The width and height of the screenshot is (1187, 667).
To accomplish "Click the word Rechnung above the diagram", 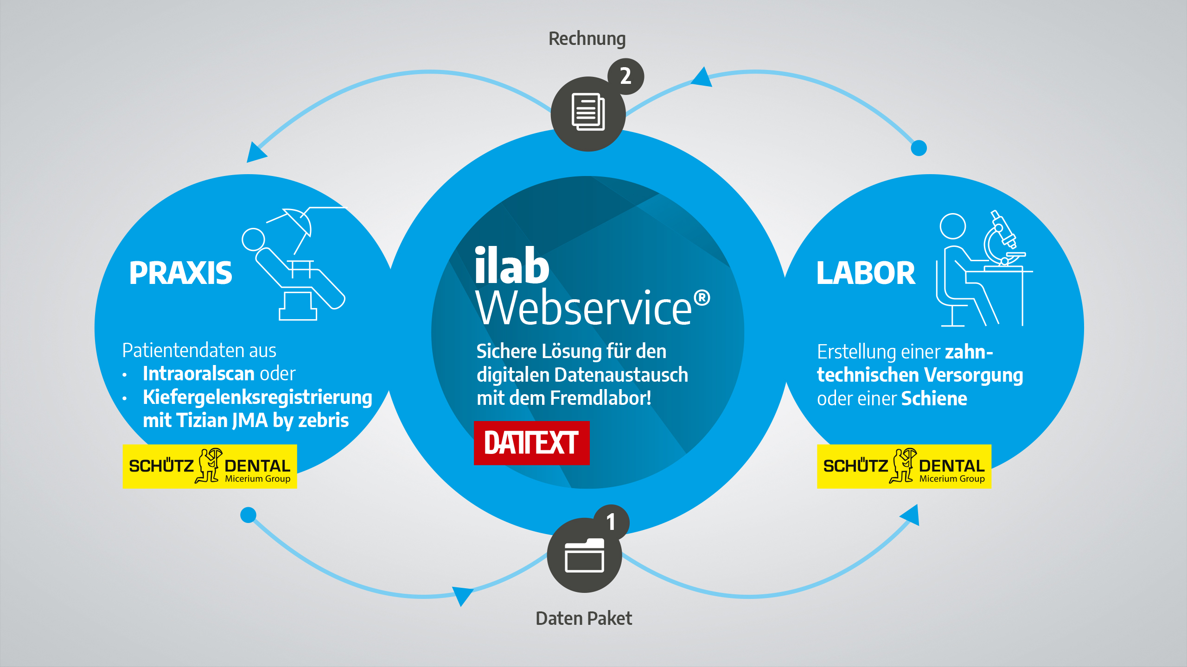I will (587, 39).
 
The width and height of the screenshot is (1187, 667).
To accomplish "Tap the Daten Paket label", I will (584, 618).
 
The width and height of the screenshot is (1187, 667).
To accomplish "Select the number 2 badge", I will (625, 76).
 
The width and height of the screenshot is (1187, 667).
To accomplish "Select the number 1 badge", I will (611, 522).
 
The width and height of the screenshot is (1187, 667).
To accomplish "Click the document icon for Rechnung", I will (588, 113).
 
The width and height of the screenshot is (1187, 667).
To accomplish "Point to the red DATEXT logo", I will (531, 443).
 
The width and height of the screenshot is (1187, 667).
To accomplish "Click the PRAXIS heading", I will (180, 273).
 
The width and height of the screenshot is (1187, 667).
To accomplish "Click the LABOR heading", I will (866, 273).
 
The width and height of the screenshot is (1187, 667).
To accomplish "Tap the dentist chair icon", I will (297, 269).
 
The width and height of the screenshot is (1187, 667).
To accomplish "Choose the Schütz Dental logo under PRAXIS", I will (210, 466).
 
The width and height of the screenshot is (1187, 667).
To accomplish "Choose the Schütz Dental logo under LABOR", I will (904, 466).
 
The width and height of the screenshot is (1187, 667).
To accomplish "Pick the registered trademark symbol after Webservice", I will (702, 298).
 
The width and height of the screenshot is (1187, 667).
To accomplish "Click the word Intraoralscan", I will (198, 373).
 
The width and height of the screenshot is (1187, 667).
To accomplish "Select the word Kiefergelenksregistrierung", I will (257, 397).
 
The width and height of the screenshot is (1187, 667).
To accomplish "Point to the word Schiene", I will (934, 399).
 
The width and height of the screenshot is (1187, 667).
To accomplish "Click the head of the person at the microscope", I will (952, 226).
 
